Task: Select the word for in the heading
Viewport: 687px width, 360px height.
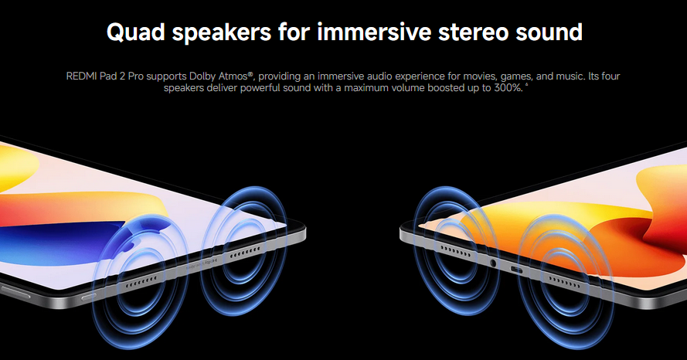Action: (x=294, y=32)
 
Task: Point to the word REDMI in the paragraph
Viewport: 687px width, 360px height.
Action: (x=81, y=76)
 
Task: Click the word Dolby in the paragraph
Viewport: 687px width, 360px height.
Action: (x=204, y=76)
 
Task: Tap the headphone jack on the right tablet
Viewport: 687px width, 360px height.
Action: (x=493, y=263)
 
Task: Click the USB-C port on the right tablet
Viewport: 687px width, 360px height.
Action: (x=516, y=270)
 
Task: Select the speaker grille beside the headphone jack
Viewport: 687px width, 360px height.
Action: (x=455, y=252)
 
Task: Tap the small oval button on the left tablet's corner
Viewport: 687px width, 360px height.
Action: (x=89, y=297)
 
